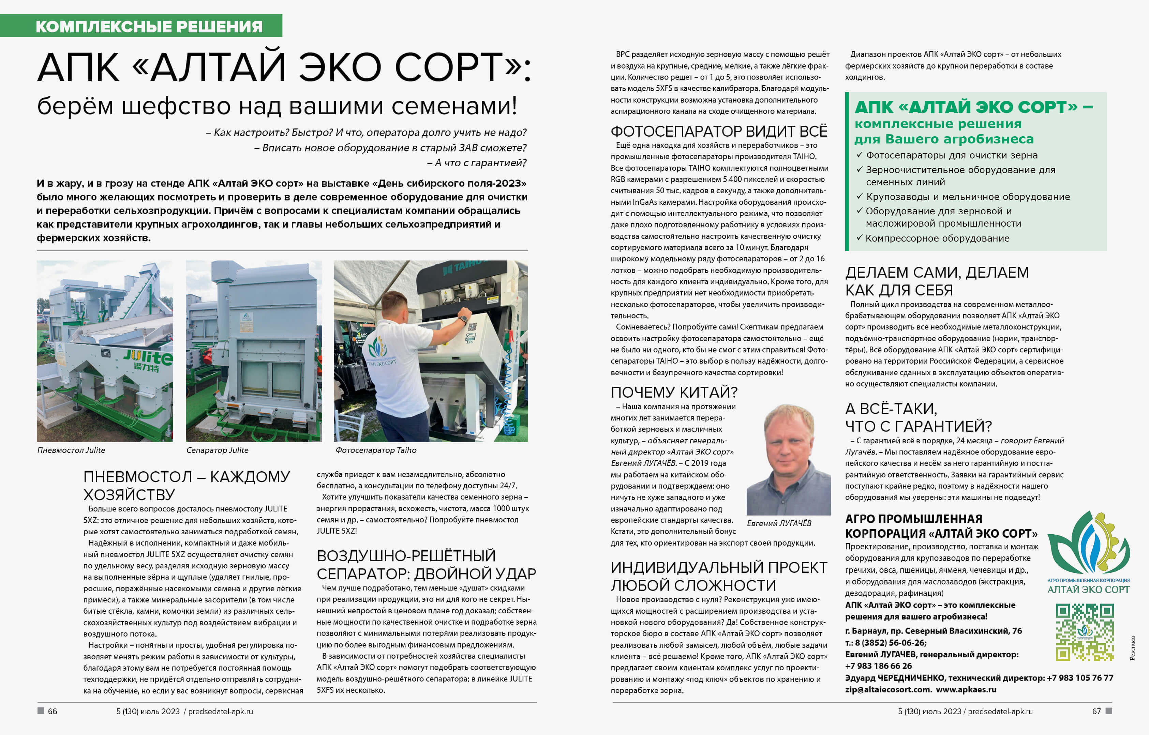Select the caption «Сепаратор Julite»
pyautogui.click(x=217, y=450)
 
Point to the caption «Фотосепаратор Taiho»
pyautogui.click(x=376, y=450)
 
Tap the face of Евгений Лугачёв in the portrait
pyautogui.click(x=788, y=442)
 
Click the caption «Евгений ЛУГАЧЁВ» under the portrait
pyautogui.click(x=779, y=523)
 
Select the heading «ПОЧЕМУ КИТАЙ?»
pyautogui.click(x=674, y=392)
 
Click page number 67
pyautogui.click(x=1096, y=711)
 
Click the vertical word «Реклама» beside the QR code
pyautogui.click(x=1132, y=648)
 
